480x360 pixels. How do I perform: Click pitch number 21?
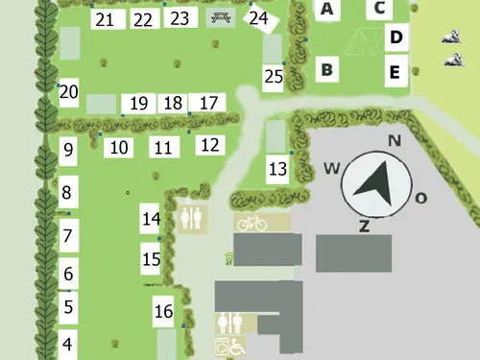point(106,20)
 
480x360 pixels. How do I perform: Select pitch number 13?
point(277,170)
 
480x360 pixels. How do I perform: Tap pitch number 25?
point(274,77)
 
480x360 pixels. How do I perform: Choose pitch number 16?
point(164,311)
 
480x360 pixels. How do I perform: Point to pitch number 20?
point(68,93)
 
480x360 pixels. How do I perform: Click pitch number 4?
point(68,344)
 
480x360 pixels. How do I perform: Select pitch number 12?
point(209,145)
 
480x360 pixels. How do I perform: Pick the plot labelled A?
point(327,10)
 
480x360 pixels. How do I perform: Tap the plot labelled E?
point(395,71)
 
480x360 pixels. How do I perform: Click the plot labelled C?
point(380,9)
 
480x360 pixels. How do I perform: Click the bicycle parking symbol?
point(252,223)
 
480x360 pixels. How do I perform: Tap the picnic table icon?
point(221,17)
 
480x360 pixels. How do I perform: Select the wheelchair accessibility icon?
point(236,348)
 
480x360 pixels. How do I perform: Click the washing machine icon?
point(223,348)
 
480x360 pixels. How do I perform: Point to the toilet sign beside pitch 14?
point(191,218)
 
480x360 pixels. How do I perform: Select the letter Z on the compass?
point(364,227)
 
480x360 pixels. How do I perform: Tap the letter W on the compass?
point(332,169)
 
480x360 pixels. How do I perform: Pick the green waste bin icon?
point(229,257)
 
